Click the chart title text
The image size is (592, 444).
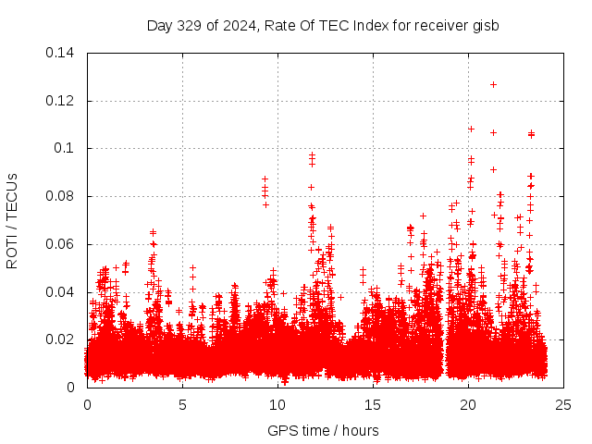[x=323, y=25]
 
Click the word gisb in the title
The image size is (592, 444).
[x=485, y=25]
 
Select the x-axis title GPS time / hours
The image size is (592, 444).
[x=323, y=430]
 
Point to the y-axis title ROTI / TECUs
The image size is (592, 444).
[x=12, y=220]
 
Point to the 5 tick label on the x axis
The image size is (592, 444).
[x=182, y=404]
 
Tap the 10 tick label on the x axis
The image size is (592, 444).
[x=277, y=404]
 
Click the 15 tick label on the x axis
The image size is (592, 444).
[x=373, y=404]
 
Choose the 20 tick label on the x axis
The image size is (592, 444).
[x=468, y=404]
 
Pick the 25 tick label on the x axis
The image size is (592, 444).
[x=563, y=404]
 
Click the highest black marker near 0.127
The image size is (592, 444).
[x=493, y=84]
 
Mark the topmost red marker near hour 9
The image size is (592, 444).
[x=265, y=179]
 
